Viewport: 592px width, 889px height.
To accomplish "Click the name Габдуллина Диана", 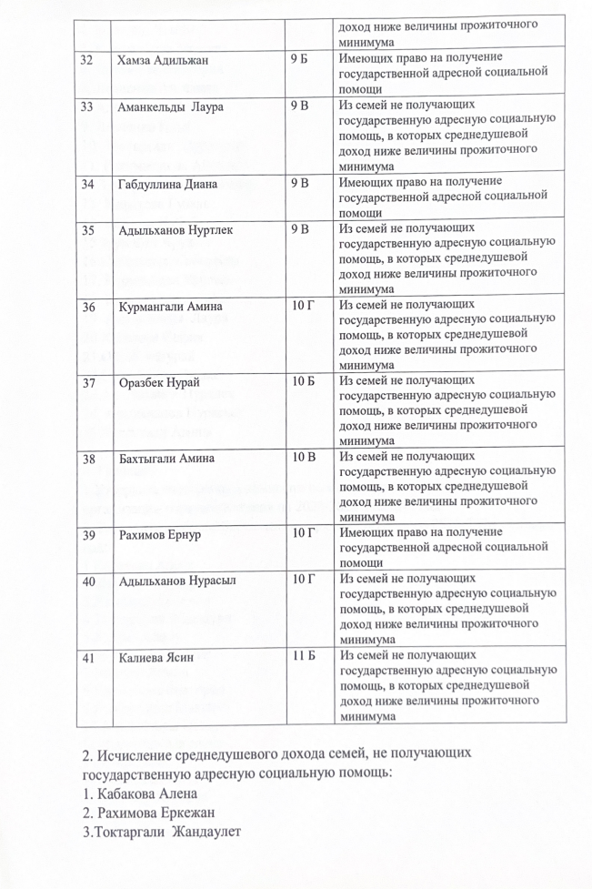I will tap(167, 185).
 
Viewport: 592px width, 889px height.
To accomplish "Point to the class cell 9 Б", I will tap(301, 59).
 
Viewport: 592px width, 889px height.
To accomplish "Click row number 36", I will tap(88, 307).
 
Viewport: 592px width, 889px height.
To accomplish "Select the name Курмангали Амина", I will tap(170, 307).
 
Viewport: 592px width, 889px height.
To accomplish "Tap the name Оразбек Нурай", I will tap(160, 383).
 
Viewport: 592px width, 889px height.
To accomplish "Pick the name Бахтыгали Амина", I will tap(169, 459).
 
